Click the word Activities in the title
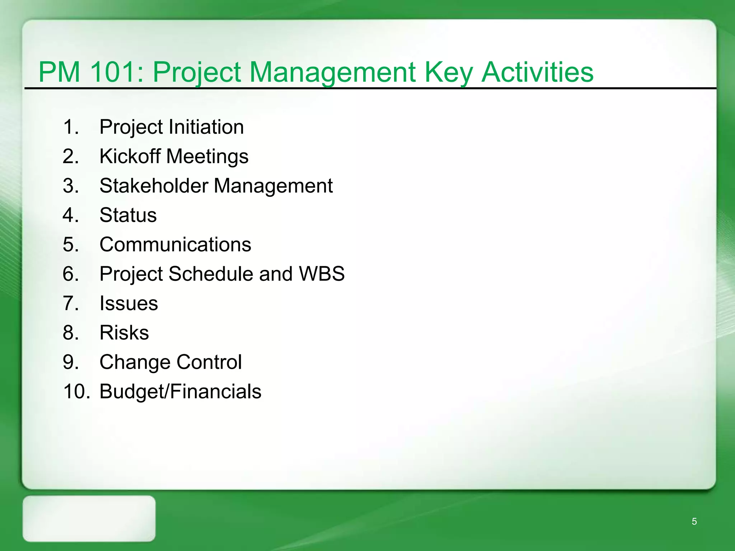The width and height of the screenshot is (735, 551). coord(537,72)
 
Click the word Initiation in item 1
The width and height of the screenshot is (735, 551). coord(206,127)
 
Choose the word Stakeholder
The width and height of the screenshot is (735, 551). coord(154,186)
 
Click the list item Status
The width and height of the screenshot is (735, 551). coord(128,215)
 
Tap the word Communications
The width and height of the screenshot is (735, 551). coord(175,245)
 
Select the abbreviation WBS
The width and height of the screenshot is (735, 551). coord(322,274)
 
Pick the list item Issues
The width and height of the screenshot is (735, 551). coord(128,303)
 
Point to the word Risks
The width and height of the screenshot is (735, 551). coord(124,333)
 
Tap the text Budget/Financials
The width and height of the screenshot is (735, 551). coord(180,391)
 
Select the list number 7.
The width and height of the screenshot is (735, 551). coord(71,303)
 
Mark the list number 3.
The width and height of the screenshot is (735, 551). coord(71,186)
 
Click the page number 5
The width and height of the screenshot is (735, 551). coord(694,522)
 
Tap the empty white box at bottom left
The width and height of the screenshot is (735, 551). coord(89,518)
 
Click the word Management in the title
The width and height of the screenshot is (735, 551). coord(332,72)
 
